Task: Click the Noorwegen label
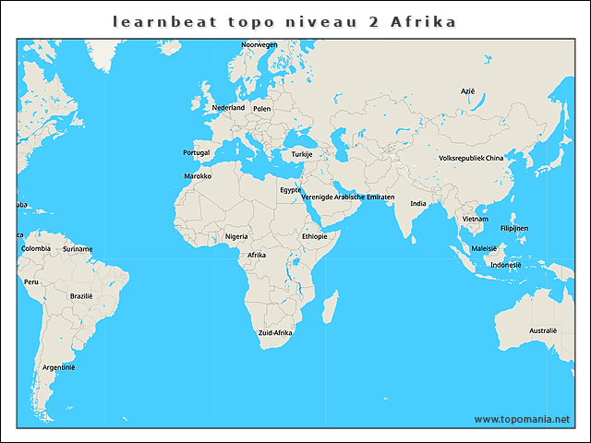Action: point(259,44)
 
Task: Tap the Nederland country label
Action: point(228,108)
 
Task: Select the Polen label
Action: point(261,109)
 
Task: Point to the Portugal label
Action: point(197,153)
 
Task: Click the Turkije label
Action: point(302,154)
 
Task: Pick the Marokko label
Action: point(198,176)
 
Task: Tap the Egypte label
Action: point(291,190)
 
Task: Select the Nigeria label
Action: point(237,236)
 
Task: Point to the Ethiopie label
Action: point(314,236)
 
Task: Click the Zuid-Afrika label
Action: point(275,332)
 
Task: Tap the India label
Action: point(418,204)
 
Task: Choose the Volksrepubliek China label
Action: point(471,159)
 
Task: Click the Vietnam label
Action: point(476,219)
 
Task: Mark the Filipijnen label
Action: point(514,228)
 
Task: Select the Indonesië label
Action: point(506,265)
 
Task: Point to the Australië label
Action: point(543,330)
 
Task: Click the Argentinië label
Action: point(59,367)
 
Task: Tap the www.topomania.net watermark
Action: point(522,419)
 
